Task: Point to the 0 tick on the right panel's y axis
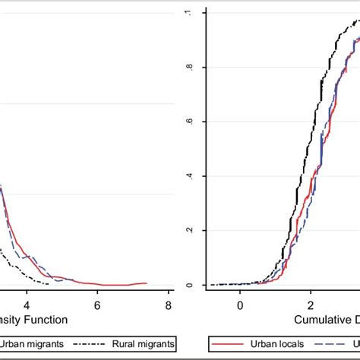[190, 285]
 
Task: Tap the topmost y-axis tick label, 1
[190, 13]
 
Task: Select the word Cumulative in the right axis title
[317, 320]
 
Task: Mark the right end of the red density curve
[147, 283]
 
